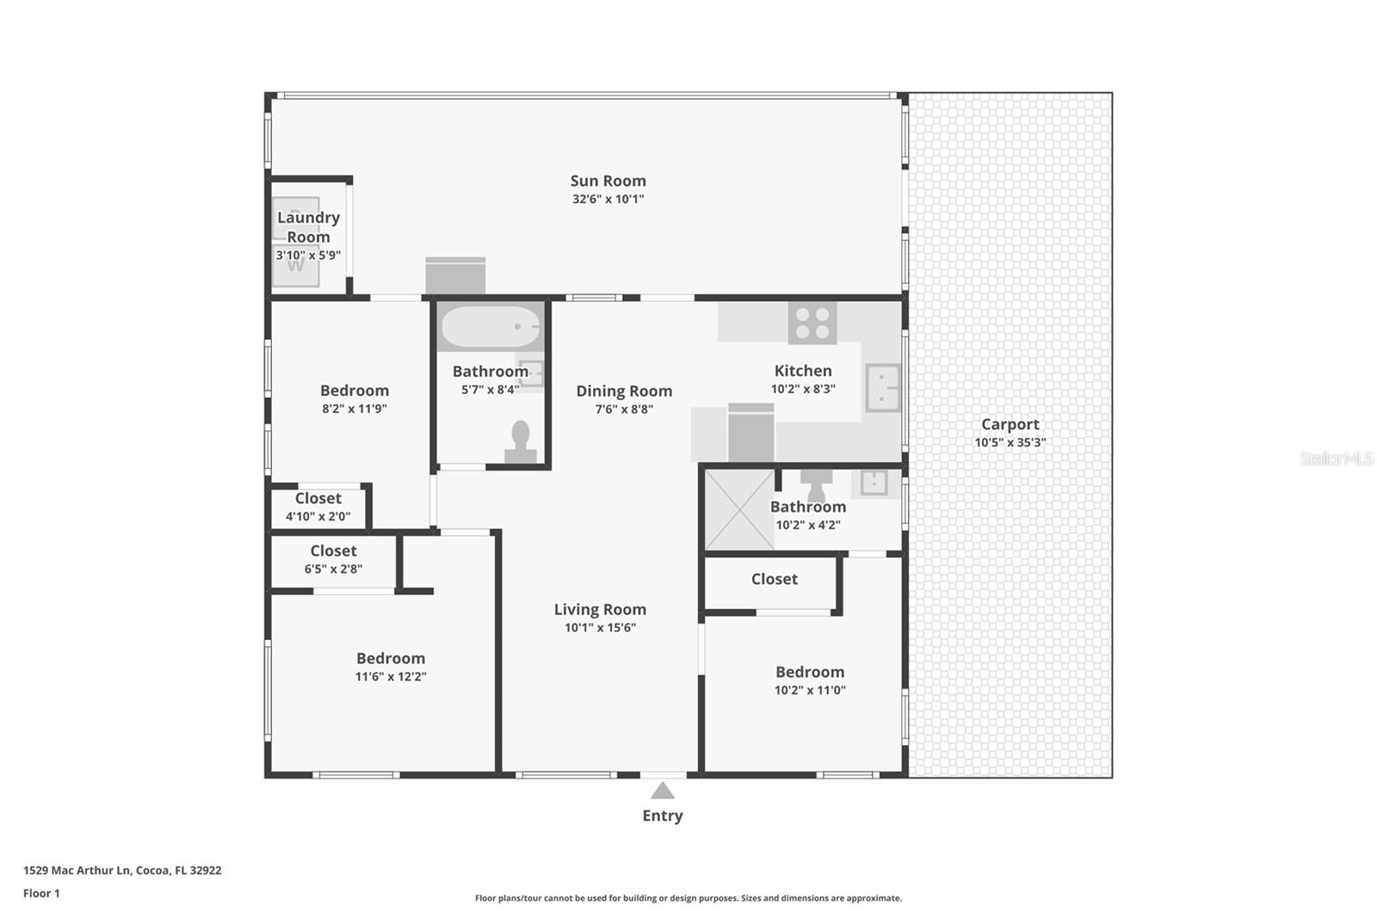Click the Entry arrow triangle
pos(662,791)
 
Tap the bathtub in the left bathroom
pos(491,327)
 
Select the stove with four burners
pos(812,323)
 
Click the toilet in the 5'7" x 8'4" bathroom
pos(521,441)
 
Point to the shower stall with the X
pos(739,509)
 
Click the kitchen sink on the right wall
pos(882,387)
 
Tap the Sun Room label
pos(608,181)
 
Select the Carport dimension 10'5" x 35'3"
pos(1010,443)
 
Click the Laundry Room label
pos(308,227)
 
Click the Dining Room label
pos(624,391)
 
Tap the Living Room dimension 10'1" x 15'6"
pos(600,628)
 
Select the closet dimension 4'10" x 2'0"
pos(318,517)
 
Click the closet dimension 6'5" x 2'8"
pos(333,569)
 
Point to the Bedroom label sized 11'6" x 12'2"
pos(391,658)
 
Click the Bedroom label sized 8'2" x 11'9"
pos(355,391)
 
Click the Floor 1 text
pos(41,893)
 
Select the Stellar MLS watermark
pos(1336,459)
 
